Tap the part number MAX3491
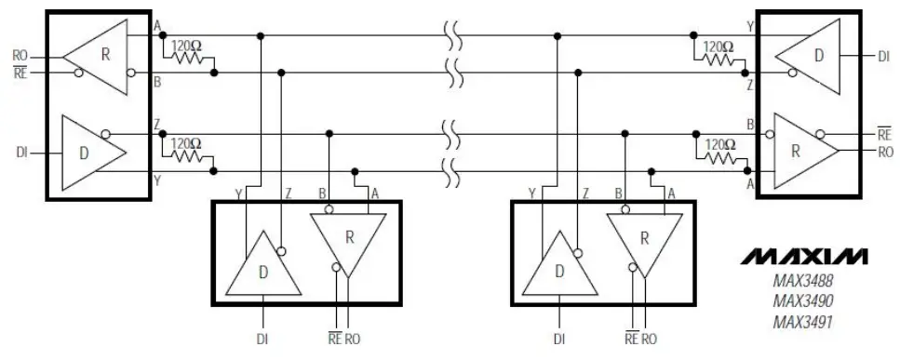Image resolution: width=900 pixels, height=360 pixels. (x=802, y=322)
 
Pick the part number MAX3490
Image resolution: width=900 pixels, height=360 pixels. (x=802, y=301)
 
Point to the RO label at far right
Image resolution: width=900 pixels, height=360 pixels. (x=885, y=151)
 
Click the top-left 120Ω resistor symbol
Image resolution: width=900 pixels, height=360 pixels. (x=189, y=57)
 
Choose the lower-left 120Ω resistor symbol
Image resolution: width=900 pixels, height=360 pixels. (x=189, y=153)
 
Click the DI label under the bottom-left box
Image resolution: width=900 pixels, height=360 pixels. (x=263, y=339)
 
